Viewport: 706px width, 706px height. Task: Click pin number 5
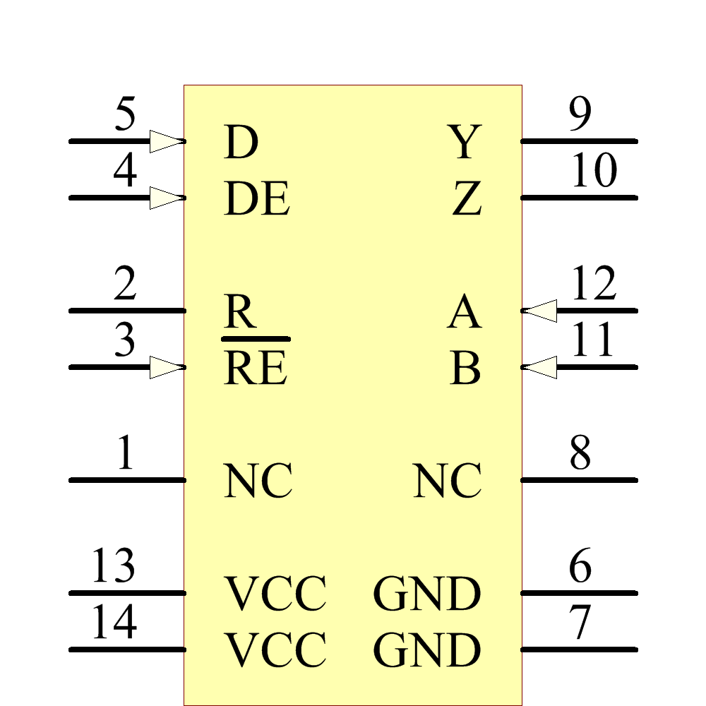click(125, 115)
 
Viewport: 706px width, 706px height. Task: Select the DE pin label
click(257, 200)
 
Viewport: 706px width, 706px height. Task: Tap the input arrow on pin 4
click(167, 198)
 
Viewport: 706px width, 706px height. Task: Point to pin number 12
click(594, 285)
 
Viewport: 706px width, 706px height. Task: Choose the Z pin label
click(467, 200)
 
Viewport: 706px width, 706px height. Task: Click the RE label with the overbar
click(256, 368)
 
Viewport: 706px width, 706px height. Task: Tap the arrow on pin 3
click(167, 367)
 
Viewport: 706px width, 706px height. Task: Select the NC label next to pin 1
click(258, 481)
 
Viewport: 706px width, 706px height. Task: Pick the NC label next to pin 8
click(448, 481)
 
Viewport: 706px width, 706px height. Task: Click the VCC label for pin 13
click(275, 594)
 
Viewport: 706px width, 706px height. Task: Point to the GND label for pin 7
click(427, 650)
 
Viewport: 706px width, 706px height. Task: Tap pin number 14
click(114, 623)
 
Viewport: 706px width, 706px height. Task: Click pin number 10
click(594, 172)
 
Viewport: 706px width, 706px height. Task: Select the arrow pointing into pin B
click(541, 367)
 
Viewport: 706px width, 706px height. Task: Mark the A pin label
click(464, 313)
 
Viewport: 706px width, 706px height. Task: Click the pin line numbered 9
click(579, 141)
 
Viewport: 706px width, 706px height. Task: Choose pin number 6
click(580, 567)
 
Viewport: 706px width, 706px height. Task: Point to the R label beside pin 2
click(240, 313)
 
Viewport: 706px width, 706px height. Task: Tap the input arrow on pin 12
click(541, 311)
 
